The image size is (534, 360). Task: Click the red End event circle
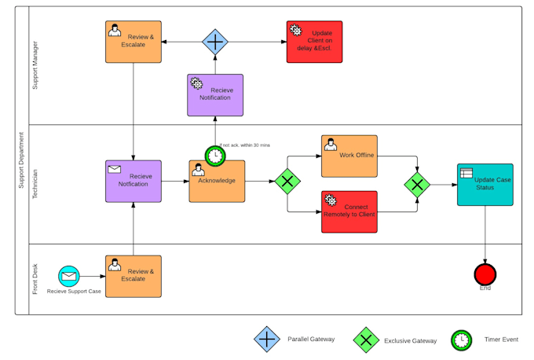tap(485, 274)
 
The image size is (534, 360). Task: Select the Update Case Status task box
tap(485, 185)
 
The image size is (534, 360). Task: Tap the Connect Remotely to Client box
tap(349, 211)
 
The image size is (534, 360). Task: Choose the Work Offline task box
tap(349, 156)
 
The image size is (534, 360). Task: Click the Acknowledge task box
tap(217, 182)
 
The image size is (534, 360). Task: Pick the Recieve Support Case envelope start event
tap(69, 277)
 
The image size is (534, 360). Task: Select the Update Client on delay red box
tap(314, 42)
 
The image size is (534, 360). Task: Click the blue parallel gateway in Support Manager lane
tap(214, 42)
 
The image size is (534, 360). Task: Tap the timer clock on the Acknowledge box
tap(215, 156)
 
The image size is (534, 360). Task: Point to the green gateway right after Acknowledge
tap(287, 182)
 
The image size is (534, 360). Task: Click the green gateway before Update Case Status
tap(417, 185)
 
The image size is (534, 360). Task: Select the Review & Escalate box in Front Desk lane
tap(133, 276)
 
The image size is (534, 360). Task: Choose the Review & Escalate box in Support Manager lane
tap(133, 42)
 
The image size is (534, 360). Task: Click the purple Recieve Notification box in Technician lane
tap(133, 182)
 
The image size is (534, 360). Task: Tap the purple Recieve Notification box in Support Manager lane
tap(215, 95)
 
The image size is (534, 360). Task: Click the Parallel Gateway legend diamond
tap(267, 340)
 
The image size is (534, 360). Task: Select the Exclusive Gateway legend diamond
tap(365, 340)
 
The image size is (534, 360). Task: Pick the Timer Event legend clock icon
tap(462, 340)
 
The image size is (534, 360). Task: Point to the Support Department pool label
tap(22, 160)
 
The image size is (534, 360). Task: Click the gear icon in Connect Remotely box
tap(331, 200)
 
